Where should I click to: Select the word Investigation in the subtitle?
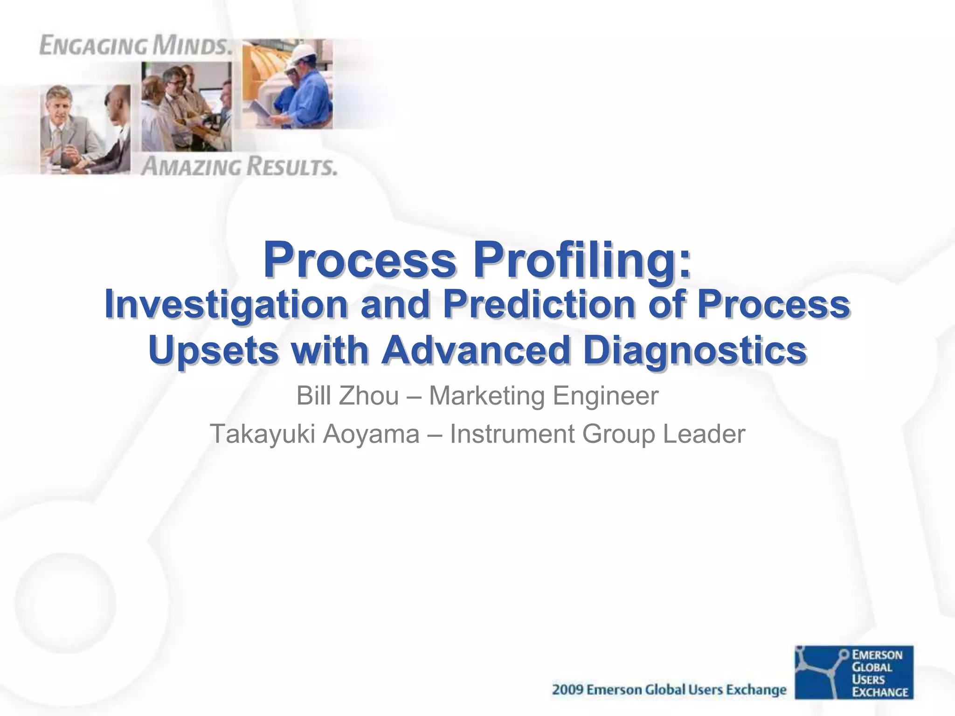click(226, 305)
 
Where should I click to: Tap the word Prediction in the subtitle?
click(539, 305)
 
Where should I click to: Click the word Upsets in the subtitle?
click(214, 351)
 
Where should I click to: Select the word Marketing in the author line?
click(486, 396)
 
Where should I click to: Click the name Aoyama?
click(371, 434)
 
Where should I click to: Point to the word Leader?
click(704, 434)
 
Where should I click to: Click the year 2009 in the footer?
click(567, 690)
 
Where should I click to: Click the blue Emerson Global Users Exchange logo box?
click(854, 672)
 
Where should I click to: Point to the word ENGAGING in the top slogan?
click(93, 46)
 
